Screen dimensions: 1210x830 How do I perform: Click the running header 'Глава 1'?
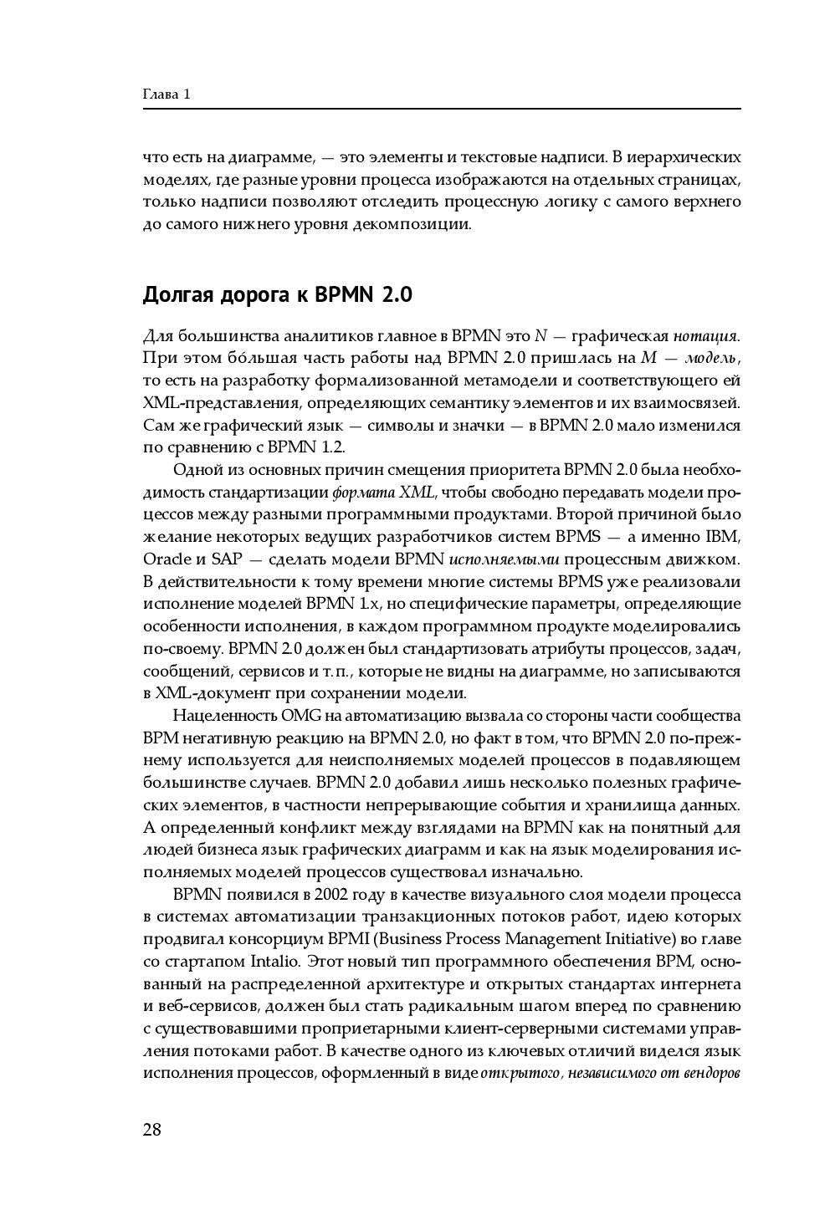(167, 94)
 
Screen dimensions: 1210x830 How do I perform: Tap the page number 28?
(151, 1130)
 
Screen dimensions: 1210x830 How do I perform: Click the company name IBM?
(723, 536)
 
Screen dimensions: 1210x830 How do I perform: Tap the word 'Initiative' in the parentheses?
(643, 939)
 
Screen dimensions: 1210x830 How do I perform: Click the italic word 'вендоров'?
(712, 1074)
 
